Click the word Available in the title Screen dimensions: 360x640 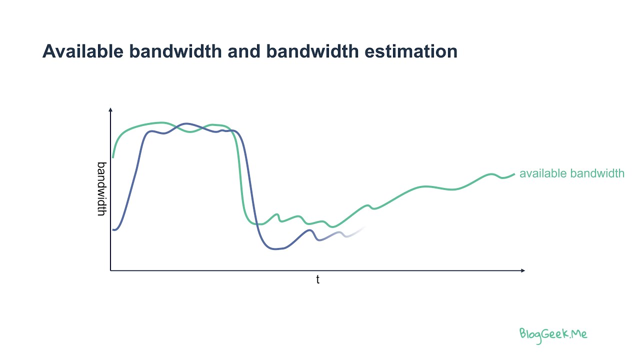click(x=82, y=51)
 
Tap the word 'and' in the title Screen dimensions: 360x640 click(x=245, y=51)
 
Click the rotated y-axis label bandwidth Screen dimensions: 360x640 click(x=101, y=188)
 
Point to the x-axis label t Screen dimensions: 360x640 click(x=317, y=280)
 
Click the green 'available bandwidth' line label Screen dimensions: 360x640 click(x=571, y=173)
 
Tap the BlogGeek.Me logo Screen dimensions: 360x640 click(x=553, y=334)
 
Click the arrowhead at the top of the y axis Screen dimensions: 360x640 click(x=110, y=109)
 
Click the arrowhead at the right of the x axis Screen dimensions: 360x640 click(x=522, y=270)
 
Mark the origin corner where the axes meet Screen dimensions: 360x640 click(x=110, y=270)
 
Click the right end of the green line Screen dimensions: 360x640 click(x=514, y=174)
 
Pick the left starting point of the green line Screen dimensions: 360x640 click(x=113, y=157)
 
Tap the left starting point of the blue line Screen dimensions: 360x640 click(x=113, y=229)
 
